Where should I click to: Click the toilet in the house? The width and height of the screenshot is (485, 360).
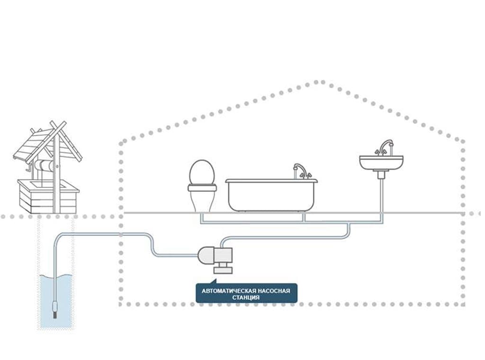(202, 186)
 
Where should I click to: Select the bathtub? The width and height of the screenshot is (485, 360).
(271, 195)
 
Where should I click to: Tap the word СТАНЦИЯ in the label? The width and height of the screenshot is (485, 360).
(246, 297)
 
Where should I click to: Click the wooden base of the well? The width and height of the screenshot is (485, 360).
(48, 197)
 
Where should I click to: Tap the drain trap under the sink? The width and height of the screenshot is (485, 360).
(381, 174)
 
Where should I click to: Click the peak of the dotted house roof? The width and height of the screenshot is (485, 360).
(320, 82)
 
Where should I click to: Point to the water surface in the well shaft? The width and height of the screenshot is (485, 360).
(56, 275)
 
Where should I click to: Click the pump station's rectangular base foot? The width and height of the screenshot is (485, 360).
(224, 270)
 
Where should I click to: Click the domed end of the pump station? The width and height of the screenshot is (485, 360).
(206, 256)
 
